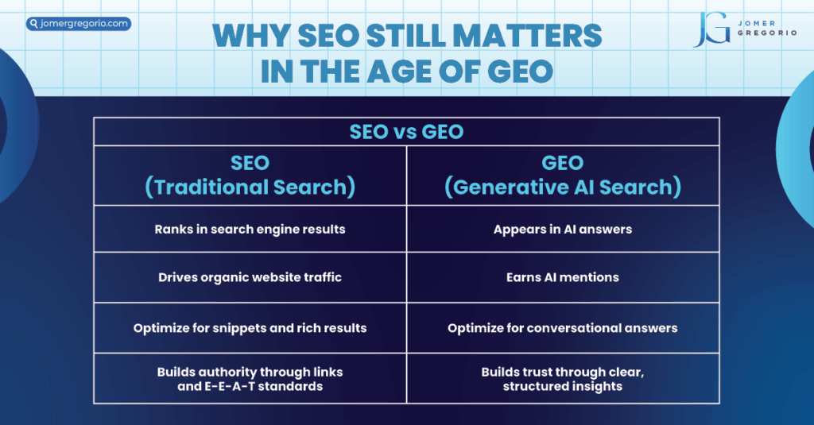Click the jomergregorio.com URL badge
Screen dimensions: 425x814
[x=79, y=24]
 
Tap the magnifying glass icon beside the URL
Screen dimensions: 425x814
[x=33, y=24]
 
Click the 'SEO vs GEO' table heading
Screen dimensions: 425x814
[x=406, y=132]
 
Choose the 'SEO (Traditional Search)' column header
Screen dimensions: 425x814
[x=250, y=175]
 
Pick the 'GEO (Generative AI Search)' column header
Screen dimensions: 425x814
[x=563, y=175]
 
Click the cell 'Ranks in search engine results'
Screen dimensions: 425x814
[x=250, y=230]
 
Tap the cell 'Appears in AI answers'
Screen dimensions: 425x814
[x=563, y=230]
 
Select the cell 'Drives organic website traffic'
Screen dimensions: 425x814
[x=250, y=278]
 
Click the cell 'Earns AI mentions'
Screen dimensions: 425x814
[x=563, y=278]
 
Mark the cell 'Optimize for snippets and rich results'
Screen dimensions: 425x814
[x=250, y=327]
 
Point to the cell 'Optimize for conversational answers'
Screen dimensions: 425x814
[x=563, y=327]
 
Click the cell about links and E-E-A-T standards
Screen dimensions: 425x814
[x=250, y=379]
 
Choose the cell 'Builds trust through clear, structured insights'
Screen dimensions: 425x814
[x=563, y=379]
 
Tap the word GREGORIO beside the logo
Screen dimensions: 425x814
[x=769, y=33]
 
